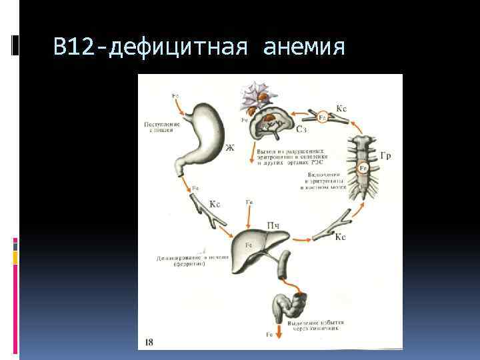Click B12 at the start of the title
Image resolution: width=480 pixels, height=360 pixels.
pos(75,47)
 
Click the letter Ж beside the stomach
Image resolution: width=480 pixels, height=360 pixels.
pos(230,147)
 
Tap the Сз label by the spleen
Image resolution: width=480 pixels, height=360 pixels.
pos(301,129)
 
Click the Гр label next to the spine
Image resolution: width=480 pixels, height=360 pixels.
pos(385,156)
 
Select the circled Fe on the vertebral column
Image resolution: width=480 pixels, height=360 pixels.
pos(364,169)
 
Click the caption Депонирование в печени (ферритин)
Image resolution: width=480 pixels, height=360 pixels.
pos(181,259)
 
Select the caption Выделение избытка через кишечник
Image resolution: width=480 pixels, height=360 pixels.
pos(313,325)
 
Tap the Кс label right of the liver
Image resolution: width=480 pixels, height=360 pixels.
pos(340,237)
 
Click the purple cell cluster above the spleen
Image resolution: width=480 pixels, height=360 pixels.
pos(255,93)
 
